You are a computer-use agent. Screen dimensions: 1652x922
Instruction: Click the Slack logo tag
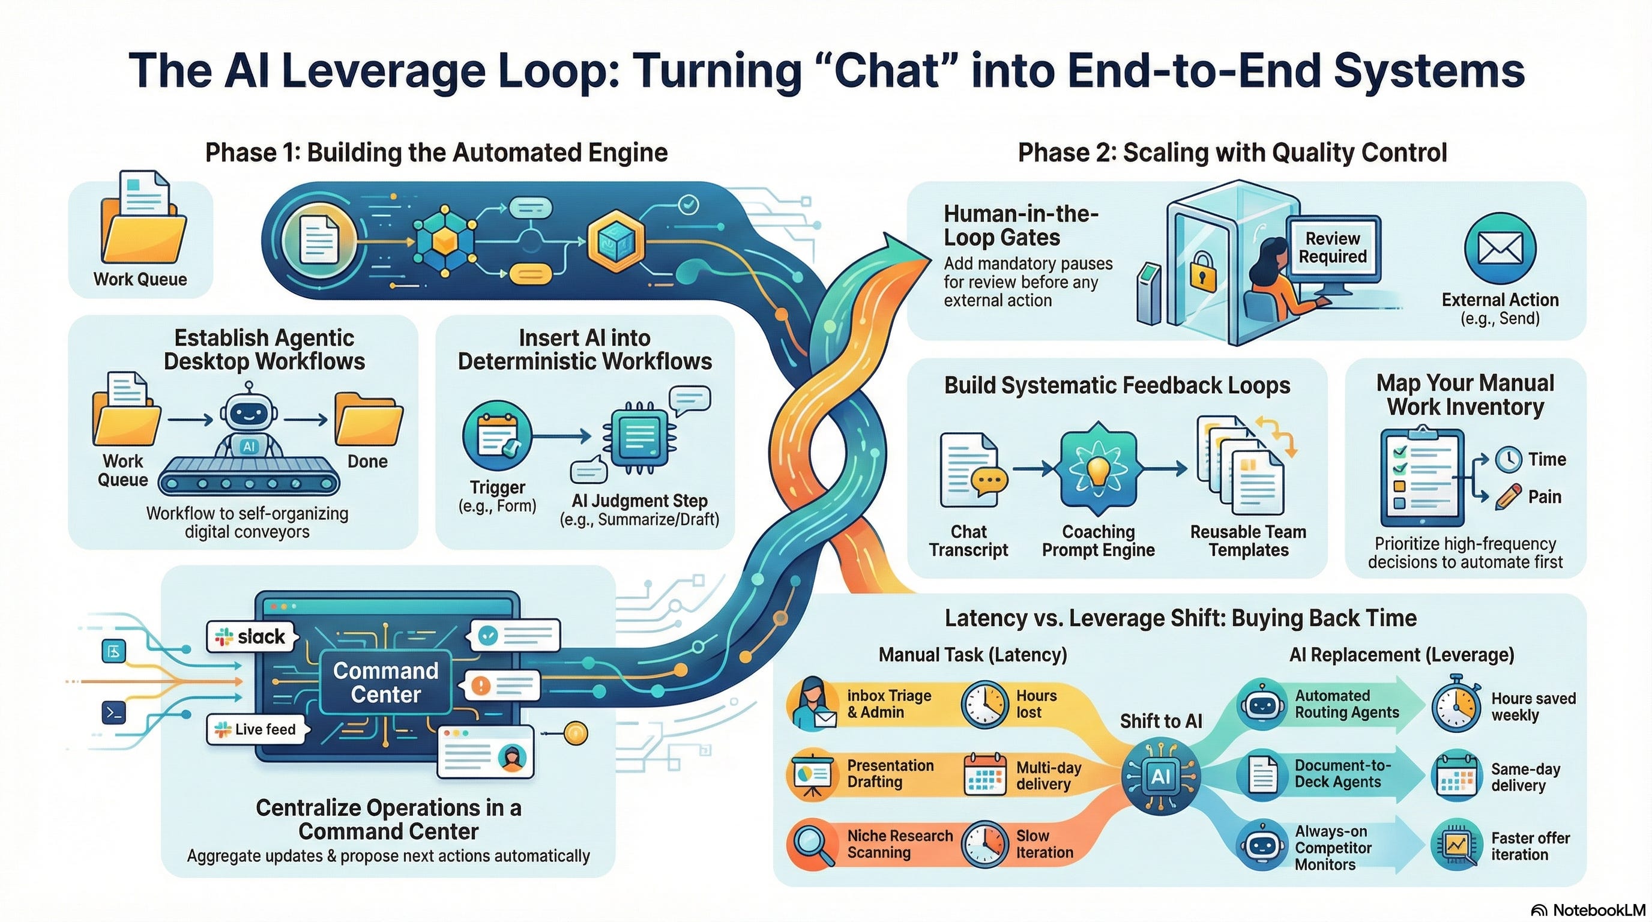coord(252,637)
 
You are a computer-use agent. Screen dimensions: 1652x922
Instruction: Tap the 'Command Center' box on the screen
coord(385,682)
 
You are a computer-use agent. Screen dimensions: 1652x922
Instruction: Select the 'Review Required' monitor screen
coord(1333,247)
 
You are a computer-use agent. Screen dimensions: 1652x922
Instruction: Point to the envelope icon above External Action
coord(1500,249)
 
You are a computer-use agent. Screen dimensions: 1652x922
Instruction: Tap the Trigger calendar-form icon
coord(497,436)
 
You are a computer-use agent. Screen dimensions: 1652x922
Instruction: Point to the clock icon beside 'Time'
coord(1509,459)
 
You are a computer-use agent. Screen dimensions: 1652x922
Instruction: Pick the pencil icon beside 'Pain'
coord(1508,497)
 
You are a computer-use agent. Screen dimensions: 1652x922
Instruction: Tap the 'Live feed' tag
coord(258,729)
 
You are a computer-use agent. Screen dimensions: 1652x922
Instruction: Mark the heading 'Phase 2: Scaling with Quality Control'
coord(1232,152)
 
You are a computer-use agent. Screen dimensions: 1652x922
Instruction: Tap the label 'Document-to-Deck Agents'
coord(1342,773)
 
